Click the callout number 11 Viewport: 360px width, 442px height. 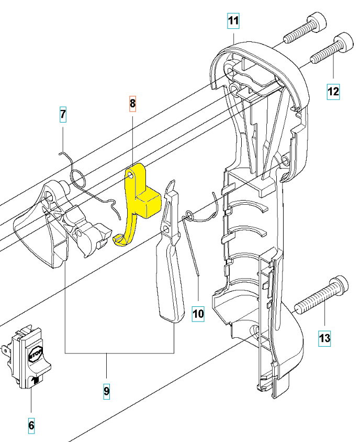tap(233, 21)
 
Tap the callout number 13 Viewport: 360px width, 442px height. tap(324, 338)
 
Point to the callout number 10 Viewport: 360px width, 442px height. tap(198, 314)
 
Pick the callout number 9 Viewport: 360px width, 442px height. tap(106, 390)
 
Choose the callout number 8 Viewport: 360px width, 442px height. tap(132, 103)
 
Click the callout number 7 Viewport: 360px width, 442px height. tap(63, 114)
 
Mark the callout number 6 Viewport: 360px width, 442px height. tap(31, 426)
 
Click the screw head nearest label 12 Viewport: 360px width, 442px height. tap(344, 40)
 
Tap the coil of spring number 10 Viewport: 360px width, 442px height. tap(189, 215)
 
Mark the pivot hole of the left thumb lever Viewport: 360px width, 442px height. tap(50, 195)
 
